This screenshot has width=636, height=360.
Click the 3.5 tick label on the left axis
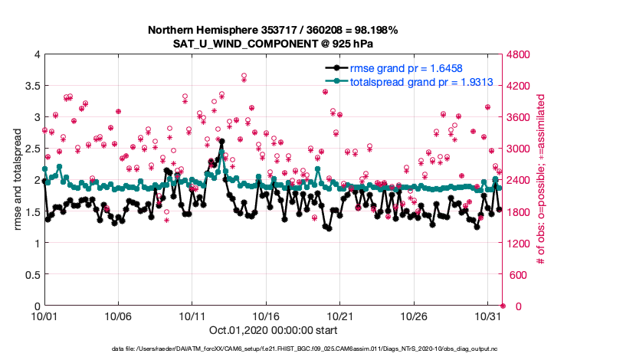point(29,86)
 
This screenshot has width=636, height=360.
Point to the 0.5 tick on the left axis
point(29,275)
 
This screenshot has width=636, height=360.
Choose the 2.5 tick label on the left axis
point(29,149)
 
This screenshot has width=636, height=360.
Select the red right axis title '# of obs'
point(541,180)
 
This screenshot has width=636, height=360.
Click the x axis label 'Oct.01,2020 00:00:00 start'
point(273,330)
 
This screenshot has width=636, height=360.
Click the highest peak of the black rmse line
point(221,142)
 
